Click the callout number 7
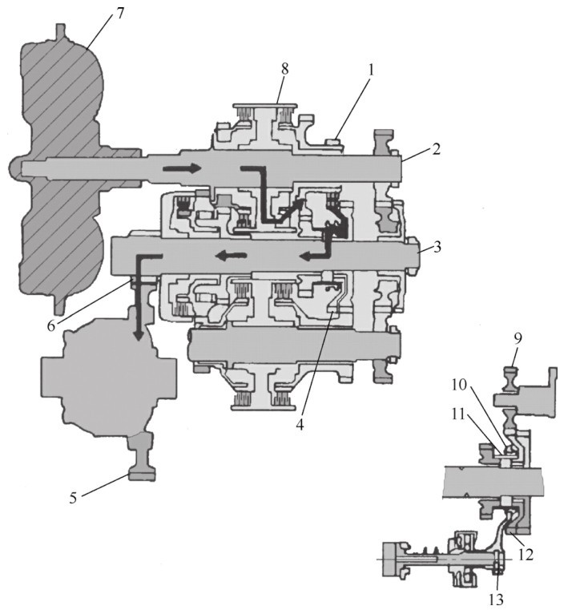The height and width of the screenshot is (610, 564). [119, 14]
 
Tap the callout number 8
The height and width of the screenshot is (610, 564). [285, 70]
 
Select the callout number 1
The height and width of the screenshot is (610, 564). [371, 71]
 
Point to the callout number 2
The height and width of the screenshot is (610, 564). [437, 150]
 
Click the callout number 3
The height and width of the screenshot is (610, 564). [437, 248]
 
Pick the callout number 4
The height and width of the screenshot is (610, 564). [300, 425]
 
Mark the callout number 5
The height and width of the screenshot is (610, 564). [74, 499]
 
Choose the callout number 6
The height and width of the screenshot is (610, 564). [51, 325]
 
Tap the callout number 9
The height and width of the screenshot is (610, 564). [518, 339]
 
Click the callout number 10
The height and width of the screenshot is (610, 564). [460, 386]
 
